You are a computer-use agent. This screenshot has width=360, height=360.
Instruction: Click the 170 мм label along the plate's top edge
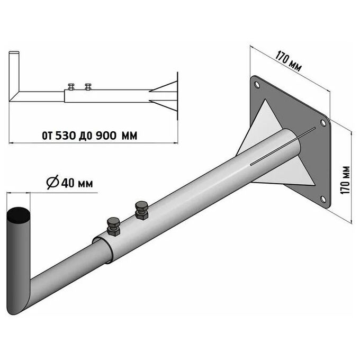tap(288, 61)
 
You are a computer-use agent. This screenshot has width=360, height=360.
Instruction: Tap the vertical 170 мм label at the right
tap(345, 180)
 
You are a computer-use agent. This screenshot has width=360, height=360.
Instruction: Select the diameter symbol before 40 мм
tap(52, 182)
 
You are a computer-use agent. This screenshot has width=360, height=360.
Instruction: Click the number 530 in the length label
tap(66, 136)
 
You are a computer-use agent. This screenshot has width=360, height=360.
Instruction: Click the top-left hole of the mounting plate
tap(257, 85)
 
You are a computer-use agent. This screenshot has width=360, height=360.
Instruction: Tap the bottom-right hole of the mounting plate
tap(323, 199)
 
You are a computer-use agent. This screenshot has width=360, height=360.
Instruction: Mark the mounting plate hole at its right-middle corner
tap(323, 123)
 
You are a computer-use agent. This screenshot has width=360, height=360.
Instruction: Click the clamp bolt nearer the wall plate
tap(141, 211)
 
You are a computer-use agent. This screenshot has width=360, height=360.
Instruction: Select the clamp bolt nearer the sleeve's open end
tap(113, 226)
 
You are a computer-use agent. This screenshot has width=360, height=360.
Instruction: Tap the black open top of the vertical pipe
tap(19, 215)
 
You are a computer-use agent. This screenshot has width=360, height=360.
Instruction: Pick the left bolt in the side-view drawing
tap(71, 86)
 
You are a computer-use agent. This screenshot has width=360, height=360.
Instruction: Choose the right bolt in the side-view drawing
tap(88, 86)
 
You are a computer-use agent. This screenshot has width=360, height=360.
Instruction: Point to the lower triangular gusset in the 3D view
tap(289, 175)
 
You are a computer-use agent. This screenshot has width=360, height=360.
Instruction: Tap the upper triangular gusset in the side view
tap(164, 87)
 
